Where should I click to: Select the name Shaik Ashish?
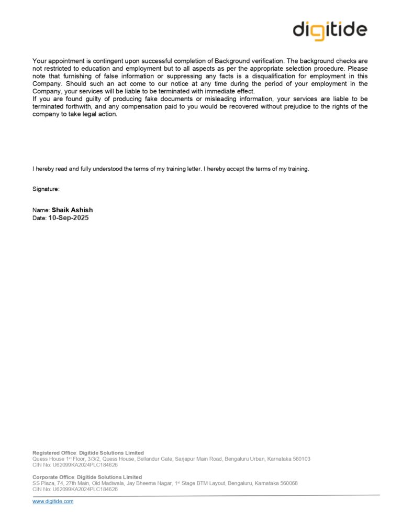(x=72, y=210)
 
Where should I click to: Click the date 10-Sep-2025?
(x=69, y=218)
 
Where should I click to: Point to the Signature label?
(x=46, y=188)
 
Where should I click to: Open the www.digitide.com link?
(x=53, y=502)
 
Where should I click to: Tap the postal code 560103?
(x=300, y=459)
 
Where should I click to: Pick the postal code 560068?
(x=287, y=483)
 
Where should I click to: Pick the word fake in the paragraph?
(x=143, y=99)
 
